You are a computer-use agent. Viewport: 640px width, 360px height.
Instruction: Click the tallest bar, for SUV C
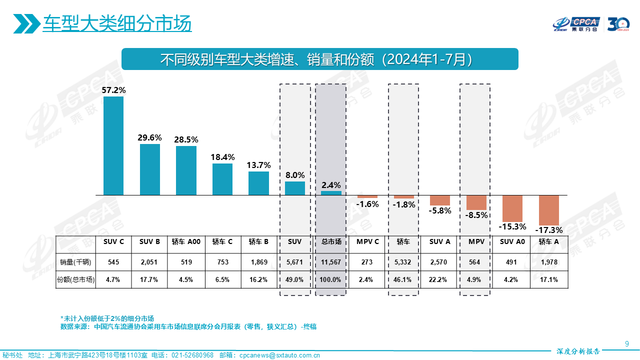click(113, 145)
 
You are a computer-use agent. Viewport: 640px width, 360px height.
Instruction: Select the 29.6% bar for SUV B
click(150, 169)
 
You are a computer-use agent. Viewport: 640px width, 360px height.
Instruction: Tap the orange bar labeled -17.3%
click(549, 210)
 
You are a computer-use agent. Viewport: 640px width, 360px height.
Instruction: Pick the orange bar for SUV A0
click(512, 208)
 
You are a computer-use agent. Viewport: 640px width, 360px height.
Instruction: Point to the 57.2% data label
click(113, 90)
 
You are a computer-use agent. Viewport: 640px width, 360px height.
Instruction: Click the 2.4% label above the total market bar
click(331, 185)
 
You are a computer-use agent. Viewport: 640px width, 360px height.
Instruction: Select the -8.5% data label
click(476, 215)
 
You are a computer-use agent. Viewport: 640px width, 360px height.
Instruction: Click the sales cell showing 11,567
click(331, 262)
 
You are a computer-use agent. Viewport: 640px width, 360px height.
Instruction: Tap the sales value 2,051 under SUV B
click(150, 262)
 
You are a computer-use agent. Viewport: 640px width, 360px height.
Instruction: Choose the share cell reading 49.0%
click(295, 279)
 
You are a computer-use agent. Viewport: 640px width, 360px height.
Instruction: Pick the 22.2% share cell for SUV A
click(440, 279)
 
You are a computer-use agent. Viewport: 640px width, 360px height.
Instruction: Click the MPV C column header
click(367, 241)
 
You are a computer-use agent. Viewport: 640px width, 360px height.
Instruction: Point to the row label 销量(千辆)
click(75, 262)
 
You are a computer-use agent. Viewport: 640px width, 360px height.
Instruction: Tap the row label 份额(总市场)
click(75, 279)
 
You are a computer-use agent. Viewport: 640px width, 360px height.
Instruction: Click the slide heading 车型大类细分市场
click(117, 23)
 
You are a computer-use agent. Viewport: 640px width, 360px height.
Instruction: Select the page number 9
click(627, 343)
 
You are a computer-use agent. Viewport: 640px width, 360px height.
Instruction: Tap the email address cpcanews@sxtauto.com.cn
click(279, 355)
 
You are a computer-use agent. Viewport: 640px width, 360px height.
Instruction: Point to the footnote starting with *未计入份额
click(107, 318)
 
